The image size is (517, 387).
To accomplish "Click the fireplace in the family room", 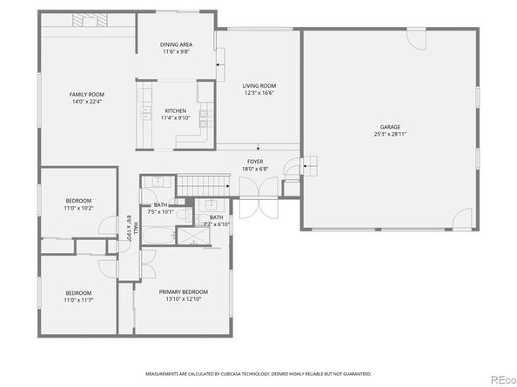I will pyautogui.click(x=87, y=20).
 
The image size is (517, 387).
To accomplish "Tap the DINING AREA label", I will pyautogui.click(x=176, y=44).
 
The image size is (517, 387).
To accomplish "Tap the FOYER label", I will pyautogui.click(x=255, y=162).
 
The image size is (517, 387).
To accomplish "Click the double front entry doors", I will pyautogui.click(x=252, y=206).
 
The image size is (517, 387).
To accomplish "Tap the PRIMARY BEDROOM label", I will pyautogui.click(x=184, y=291).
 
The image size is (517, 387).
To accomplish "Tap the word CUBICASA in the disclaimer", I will pyautogui.click(x=234, y=374).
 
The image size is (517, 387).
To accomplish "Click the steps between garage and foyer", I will pyautogui.click(x=309, y=164).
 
